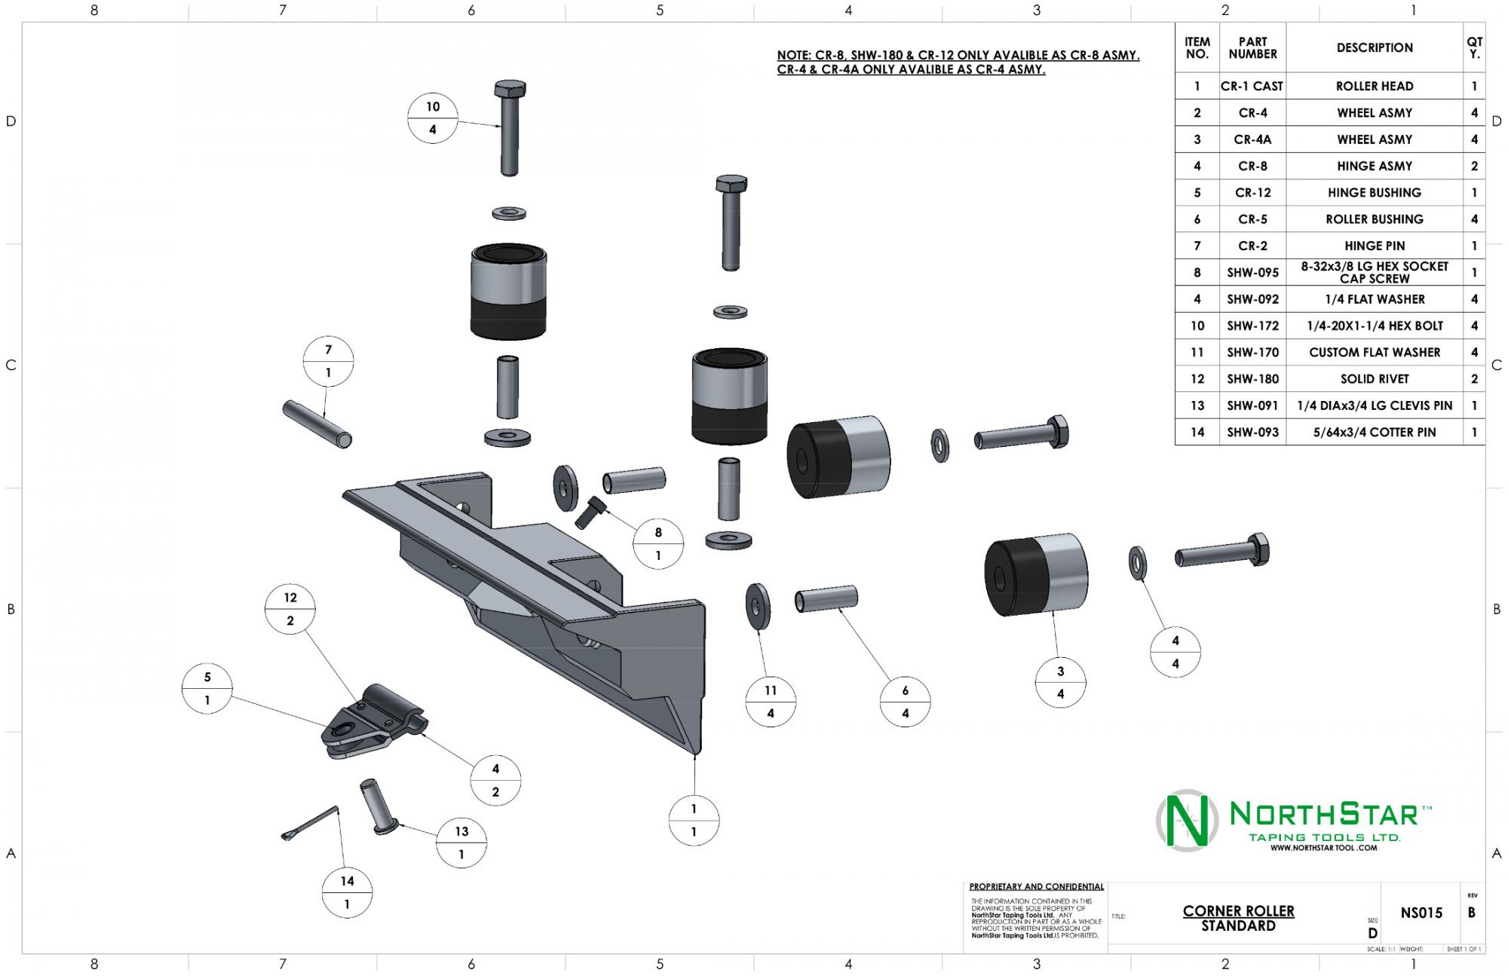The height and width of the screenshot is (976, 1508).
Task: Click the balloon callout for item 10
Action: [x=432, y=118]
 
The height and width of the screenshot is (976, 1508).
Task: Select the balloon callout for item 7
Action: [x=328, y=361]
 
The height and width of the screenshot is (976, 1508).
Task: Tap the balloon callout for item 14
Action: [x=347, y=892]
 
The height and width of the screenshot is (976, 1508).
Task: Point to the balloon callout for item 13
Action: [x=461, y=843]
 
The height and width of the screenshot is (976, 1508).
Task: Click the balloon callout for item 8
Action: [x=658, y=543]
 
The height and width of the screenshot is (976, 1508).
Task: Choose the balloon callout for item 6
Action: [x=905, y=702]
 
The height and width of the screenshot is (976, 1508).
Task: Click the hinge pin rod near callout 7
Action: [x=317, y=424]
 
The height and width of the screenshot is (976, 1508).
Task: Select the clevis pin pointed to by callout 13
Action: [x=376, y=806]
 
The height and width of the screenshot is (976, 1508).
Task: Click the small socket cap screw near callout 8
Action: [x=590, y=511]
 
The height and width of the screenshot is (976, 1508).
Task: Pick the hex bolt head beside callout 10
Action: [x=510, y=90]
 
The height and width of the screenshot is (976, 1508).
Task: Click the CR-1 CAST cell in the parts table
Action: [x=1252, y=86]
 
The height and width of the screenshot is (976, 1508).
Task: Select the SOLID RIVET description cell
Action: [x=1374, y=379]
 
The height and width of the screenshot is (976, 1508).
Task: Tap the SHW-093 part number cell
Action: [x=1252, y=433]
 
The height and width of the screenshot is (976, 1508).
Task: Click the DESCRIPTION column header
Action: [x=1374, y=47]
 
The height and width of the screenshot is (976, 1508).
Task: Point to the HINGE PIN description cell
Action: [x=1374, y=246]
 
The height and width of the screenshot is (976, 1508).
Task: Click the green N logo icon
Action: [x=1187, y=820]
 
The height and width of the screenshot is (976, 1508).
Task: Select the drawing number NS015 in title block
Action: [x=1421, y=913]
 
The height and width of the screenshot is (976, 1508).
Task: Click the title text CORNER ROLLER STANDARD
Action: [x=1238, y=918]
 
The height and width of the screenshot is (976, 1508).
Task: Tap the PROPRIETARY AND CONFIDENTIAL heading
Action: [x=1036, y=887]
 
